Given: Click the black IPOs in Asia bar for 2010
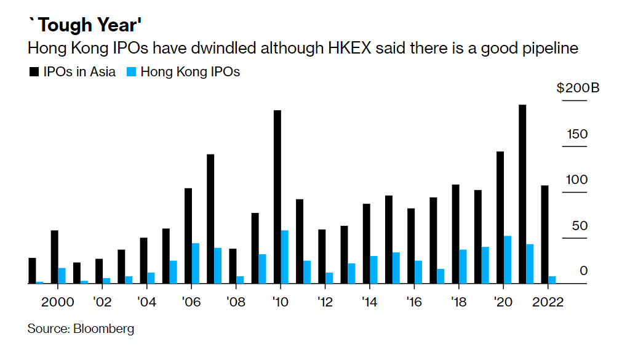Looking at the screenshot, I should (x=277, y=197).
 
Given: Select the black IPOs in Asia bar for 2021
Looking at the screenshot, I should (x=522, y=194).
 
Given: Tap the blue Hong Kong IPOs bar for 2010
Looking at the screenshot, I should (x=284, y=257).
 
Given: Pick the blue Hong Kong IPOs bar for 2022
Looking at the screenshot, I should (x=552, y=280).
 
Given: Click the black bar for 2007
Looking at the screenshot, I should (x=210, y=218).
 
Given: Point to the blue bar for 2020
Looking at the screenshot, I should (x=508, y=260).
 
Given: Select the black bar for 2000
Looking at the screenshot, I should (x=55, y=257).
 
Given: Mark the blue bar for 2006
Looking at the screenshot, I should (x=195, y=263).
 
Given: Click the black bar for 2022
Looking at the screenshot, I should (x=544, y=234).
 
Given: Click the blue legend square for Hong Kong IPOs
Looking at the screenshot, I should (x=130, y=72).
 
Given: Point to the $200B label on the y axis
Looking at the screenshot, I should (x=578, y=88).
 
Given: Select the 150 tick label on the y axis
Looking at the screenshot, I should (x=578, y=134).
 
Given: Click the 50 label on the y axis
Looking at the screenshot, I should (x=579, y=226).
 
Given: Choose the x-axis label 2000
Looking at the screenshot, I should (x=58, y=302).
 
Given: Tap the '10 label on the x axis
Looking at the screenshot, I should (x=281, y=302).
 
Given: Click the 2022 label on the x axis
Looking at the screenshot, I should (x=548, y=302).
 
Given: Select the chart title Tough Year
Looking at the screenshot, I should (x=86, y=26).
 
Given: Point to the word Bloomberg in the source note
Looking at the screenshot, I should (x=103, y=329).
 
